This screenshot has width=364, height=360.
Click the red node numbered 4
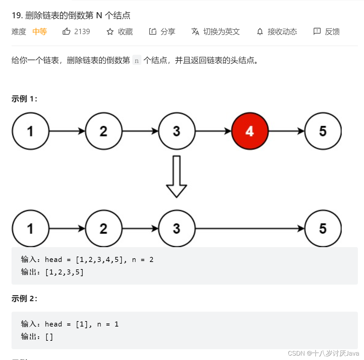click(250, 131)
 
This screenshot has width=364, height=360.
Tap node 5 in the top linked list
click(323, 131)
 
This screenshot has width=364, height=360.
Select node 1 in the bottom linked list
click(30, 229)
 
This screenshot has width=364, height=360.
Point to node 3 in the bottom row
click(177, 229)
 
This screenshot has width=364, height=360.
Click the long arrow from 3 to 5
click(250, 229)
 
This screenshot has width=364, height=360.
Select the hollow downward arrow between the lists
click(177, 176)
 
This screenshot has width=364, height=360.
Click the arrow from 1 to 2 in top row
click(67, 131)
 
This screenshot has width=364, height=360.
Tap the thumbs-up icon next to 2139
click(66, 32)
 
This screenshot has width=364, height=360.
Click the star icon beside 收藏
click(110, 32)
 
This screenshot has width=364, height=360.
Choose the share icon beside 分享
click(153, 32)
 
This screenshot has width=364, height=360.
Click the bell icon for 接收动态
click(260, 32)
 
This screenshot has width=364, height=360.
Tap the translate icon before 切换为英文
click(195, 32)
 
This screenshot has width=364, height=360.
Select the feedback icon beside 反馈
click(317, 32)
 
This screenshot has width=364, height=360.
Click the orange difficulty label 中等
click(40, 32)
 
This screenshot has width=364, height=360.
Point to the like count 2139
click(82, 32)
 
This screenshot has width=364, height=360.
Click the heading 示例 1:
click(24, 99)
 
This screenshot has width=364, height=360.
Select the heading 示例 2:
click(24, 299)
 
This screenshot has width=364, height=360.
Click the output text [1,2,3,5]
click(64, 272)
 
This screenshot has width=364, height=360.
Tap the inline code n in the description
click(137, 61)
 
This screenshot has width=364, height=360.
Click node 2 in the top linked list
click(104, 131)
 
